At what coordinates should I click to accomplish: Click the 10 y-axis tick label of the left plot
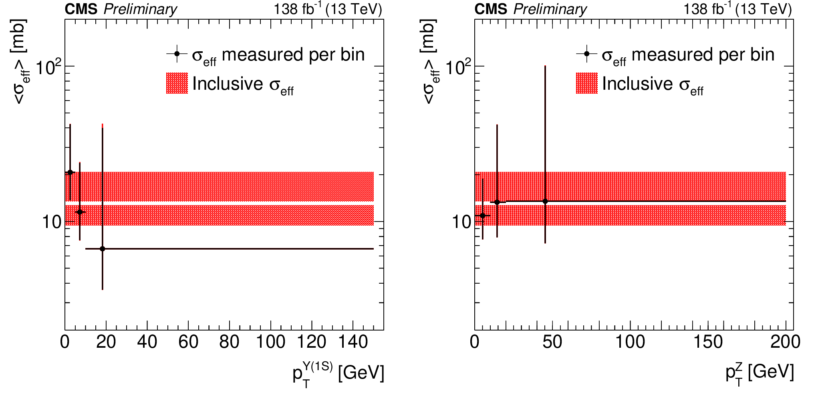52,222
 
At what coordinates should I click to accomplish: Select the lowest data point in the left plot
103,249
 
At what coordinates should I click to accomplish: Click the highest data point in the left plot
70,173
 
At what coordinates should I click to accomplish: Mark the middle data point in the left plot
80,212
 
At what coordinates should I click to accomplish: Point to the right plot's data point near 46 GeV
545,201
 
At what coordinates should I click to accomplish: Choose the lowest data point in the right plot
483,216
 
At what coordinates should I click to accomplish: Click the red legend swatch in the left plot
177,83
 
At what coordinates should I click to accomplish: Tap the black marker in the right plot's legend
587,54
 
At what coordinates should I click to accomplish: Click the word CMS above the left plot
81,9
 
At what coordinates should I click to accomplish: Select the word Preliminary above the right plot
550,9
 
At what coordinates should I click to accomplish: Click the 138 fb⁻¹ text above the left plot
297,9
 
